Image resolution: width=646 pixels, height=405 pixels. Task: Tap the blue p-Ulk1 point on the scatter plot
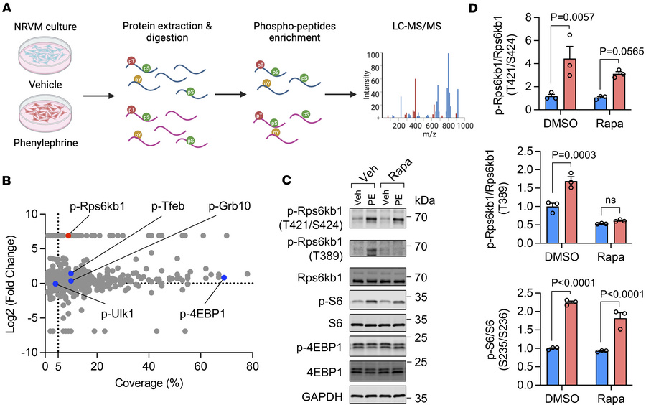[55, 284]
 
